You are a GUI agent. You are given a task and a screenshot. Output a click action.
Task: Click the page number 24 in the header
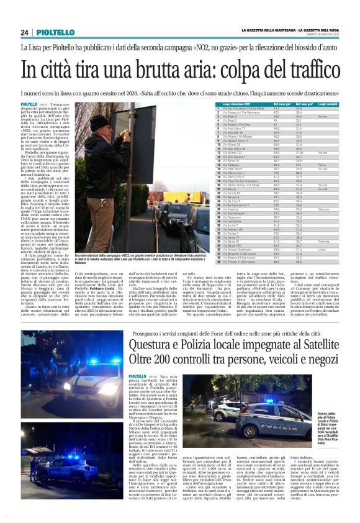point(25,32)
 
